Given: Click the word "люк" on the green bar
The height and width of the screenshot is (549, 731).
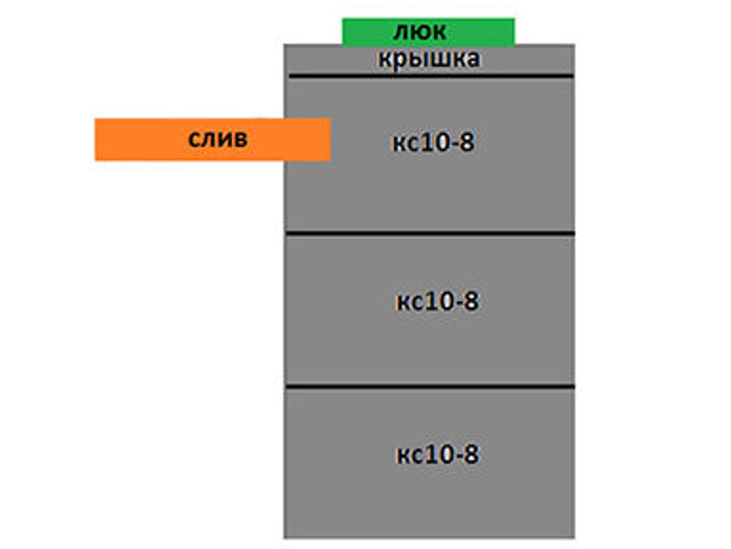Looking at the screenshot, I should coord(420,32).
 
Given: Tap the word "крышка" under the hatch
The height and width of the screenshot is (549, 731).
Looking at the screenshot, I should coord(429,59).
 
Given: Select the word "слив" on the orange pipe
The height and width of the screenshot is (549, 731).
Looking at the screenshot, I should coord(217,139).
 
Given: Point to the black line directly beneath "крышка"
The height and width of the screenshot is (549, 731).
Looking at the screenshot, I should coord(431,76).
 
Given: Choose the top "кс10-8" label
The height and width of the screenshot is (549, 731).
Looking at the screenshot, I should coord(433,144).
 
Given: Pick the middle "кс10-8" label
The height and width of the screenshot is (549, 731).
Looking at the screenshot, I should coord(437,302).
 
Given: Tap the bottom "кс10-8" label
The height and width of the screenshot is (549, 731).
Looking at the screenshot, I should coord(437,455).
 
